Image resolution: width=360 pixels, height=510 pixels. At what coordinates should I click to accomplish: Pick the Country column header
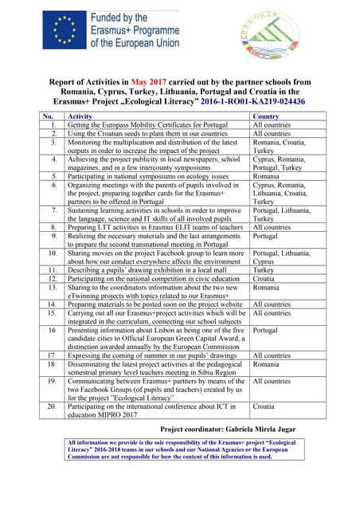click(x=265, y=116)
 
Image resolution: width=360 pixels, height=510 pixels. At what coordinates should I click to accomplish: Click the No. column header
click(x=48, y=116)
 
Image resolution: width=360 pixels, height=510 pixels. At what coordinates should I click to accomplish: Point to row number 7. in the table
click(x=52, y=210)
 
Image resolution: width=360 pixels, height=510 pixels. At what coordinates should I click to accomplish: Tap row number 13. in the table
click(x=52, y=286)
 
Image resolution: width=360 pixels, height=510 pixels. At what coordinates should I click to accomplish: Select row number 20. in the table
click(x=52, y=406)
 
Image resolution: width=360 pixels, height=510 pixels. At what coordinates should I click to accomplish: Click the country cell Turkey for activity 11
click(x=263, y=269)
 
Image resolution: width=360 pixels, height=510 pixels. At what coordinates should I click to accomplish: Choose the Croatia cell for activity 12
click(x=265, y=278)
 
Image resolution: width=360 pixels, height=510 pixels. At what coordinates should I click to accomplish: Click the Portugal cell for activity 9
click(x=267, y=236)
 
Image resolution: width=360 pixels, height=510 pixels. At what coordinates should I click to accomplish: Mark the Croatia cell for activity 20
click(x=265, y=406)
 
